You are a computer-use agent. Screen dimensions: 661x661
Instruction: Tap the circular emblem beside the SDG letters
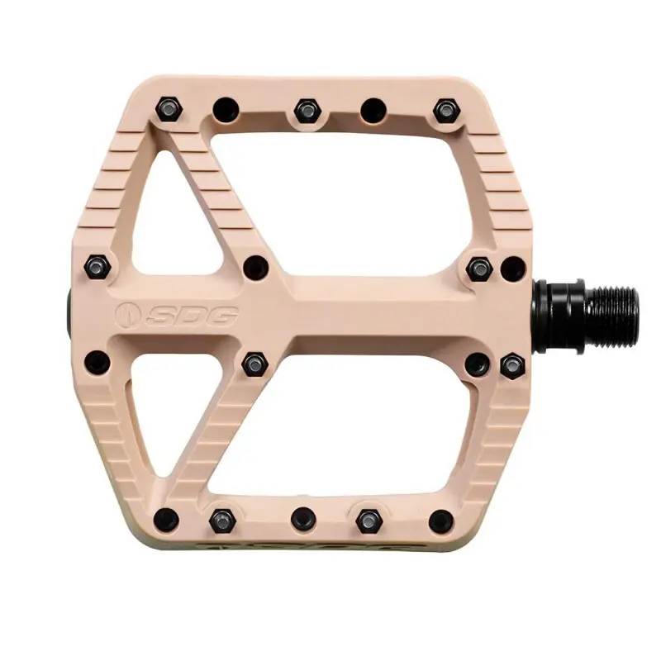[x=128, y=315]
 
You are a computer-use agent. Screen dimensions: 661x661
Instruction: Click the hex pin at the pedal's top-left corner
[x=169, y=109]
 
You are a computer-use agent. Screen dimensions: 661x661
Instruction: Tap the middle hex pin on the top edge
[x=307, y=111]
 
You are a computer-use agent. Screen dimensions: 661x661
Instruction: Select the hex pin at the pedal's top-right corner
[x=447, y=111]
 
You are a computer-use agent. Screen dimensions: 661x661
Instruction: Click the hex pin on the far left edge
[x=97, y=267]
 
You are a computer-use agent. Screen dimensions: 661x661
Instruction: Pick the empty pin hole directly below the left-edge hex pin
[x=97, y=363]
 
